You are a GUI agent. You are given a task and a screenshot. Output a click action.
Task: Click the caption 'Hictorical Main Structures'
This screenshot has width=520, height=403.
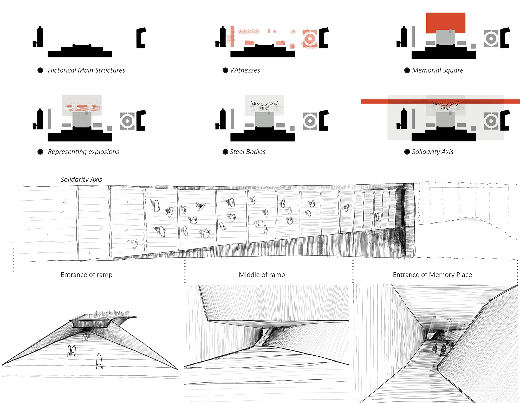[86, 70]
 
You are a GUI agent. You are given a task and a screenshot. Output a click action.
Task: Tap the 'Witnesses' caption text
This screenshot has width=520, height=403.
[245, 70]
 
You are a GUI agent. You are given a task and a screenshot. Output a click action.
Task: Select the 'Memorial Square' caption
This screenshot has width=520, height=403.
[438, 70]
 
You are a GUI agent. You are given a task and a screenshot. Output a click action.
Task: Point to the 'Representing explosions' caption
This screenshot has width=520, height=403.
[83, 152]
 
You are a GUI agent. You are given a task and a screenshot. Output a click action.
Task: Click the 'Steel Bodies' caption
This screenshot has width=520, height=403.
[248, 152]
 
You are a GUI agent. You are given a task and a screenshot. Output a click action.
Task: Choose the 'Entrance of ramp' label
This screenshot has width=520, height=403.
[86, 275]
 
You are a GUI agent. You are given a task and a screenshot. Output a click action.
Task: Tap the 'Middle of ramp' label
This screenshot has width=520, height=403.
[262, 275]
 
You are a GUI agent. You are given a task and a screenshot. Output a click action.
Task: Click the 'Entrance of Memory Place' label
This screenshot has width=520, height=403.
[432, 275]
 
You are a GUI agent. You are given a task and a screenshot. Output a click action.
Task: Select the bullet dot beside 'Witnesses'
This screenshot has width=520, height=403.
[225, 70]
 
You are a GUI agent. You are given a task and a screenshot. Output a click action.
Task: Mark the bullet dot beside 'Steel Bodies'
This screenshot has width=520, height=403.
[225, 152]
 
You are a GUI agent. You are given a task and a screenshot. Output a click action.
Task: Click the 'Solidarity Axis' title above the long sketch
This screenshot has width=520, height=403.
[81, 180]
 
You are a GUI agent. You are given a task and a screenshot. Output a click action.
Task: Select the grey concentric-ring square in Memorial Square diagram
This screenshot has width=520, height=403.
[491, 39]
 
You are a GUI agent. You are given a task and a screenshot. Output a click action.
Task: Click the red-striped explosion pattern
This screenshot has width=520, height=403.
[82, 107]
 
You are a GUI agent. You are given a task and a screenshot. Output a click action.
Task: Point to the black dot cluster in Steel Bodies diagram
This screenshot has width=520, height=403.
[265, 106]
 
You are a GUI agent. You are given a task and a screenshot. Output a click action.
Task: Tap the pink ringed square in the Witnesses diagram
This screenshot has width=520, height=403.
[310, 39]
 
